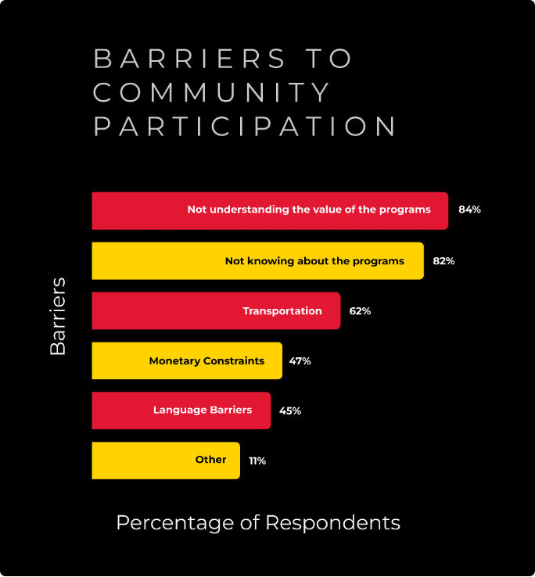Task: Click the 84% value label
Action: (469, 210)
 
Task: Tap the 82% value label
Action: (443, 261)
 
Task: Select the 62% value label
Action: (360, 311)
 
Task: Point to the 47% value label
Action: (300, 361)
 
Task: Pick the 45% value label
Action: (290, 410)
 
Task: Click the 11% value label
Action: (257, 461)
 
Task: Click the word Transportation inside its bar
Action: (282, 311)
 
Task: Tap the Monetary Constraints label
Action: (206, 361)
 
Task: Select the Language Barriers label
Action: (203, 410)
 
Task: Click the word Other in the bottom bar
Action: (210, 460)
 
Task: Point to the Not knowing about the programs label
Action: (314, 261)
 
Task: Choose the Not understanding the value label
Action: (309, 210)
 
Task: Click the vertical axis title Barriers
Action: (59, 316)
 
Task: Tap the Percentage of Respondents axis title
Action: (258, 523)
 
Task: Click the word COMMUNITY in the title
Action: (213, 92)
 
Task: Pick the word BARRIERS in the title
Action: (190, 59)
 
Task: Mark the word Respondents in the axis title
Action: (333, 523)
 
